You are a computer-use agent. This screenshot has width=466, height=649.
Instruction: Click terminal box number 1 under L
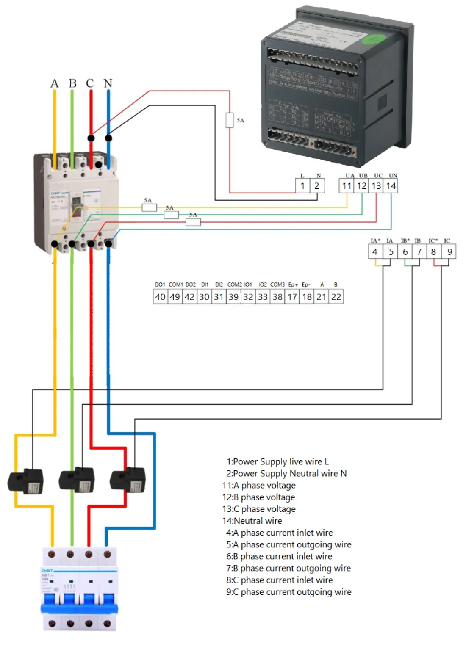302,186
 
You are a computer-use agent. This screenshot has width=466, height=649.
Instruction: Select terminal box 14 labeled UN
391,186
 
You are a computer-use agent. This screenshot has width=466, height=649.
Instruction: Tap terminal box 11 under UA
347,186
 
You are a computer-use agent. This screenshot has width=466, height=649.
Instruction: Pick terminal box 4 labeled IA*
375,252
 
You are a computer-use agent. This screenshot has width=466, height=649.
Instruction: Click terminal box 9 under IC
449,252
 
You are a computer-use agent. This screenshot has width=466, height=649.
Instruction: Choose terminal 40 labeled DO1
160,297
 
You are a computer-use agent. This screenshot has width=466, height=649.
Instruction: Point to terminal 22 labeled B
336,297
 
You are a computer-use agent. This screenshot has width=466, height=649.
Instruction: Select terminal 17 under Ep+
292,297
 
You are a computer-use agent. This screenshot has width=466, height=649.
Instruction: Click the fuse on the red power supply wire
230,120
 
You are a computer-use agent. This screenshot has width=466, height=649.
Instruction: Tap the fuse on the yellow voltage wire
149,207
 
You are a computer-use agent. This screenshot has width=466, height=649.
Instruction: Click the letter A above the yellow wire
54,83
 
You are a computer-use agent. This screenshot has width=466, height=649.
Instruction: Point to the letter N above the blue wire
108,83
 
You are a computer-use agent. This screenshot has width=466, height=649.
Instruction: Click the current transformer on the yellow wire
26,482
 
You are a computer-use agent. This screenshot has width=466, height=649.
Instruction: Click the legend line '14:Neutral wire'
252,521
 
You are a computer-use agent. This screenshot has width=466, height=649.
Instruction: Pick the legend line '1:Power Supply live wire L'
277,462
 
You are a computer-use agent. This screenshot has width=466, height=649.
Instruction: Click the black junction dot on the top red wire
91,138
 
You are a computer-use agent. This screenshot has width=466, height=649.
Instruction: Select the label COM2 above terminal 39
234,284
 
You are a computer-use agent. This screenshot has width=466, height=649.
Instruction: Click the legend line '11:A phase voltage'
259,486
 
